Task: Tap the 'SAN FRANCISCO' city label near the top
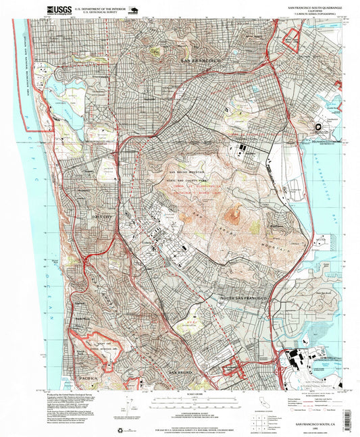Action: pos(201,61)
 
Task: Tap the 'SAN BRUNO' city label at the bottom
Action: pos(182,372)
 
